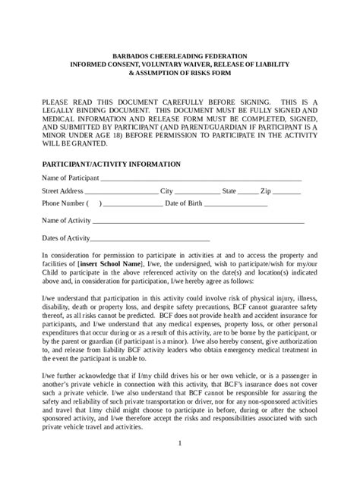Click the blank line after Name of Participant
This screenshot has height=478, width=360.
tap(201, 178)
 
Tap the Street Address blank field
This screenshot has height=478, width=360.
tap(122, 192)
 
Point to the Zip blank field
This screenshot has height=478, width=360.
tap(286, 192)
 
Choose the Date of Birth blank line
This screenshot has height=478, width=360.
tap(235, 205)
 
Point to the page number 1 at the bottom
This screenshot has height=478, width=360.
tap(179, 442)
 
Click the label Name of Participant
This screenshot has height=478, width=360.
tap(70, 178)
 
